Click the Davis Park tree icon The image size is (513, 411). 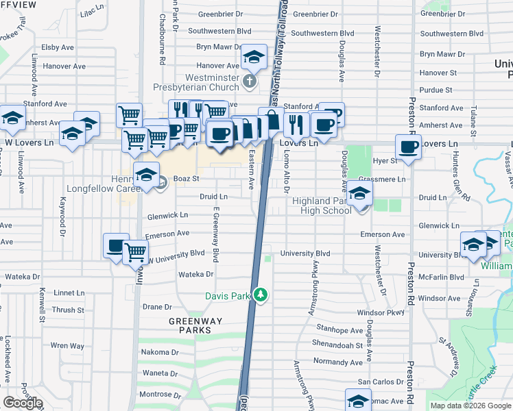coord(260,295)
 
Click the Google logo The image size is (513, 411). coord(22,403)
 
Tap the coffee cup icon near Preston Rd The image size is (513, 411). coord(409,147)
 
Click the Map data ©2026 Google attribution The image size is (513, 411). coord(470,406)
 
